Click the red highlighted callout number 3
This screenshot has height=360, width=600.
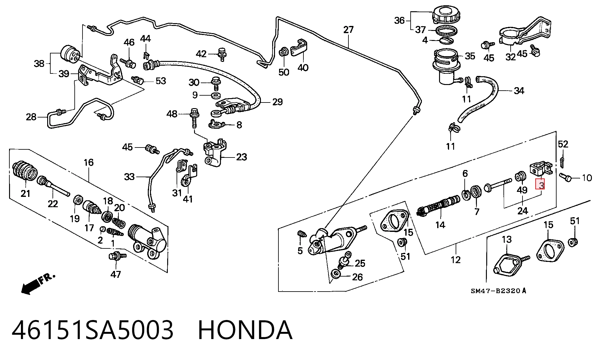(x=540, y=184)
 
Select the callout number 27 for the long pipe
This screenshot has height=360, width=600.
(x=348, y=30)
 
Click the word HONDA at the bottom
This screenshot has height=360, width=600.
(x=245, y=330)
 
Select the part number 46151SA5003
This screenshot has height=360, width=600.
(x=92, y=330)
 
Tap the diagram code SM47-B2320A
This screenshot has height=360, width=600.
(x=498, y=291)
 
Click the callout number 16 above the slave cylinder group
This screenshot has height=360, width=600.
(x=89, y=162)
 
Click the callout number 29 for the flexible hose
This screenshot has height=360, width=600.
(x=277, y=102)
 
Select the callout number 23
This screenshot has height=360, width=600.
(x=242, y=157)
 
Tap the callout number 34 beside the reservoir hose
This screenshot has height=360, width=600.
(x=519, y=91)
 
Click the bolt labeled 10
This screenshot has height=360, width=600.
(x=565, y=177)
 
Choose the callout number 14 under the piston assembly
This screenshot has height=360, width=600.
(x=440, y=225)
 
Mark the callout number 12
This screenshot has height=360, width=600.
(x=456, y=260)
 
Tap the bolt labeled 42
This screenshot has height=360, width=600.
(x=222, y=54)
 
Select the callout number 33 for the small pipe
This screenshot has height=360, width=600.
(x=129, y=177)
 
